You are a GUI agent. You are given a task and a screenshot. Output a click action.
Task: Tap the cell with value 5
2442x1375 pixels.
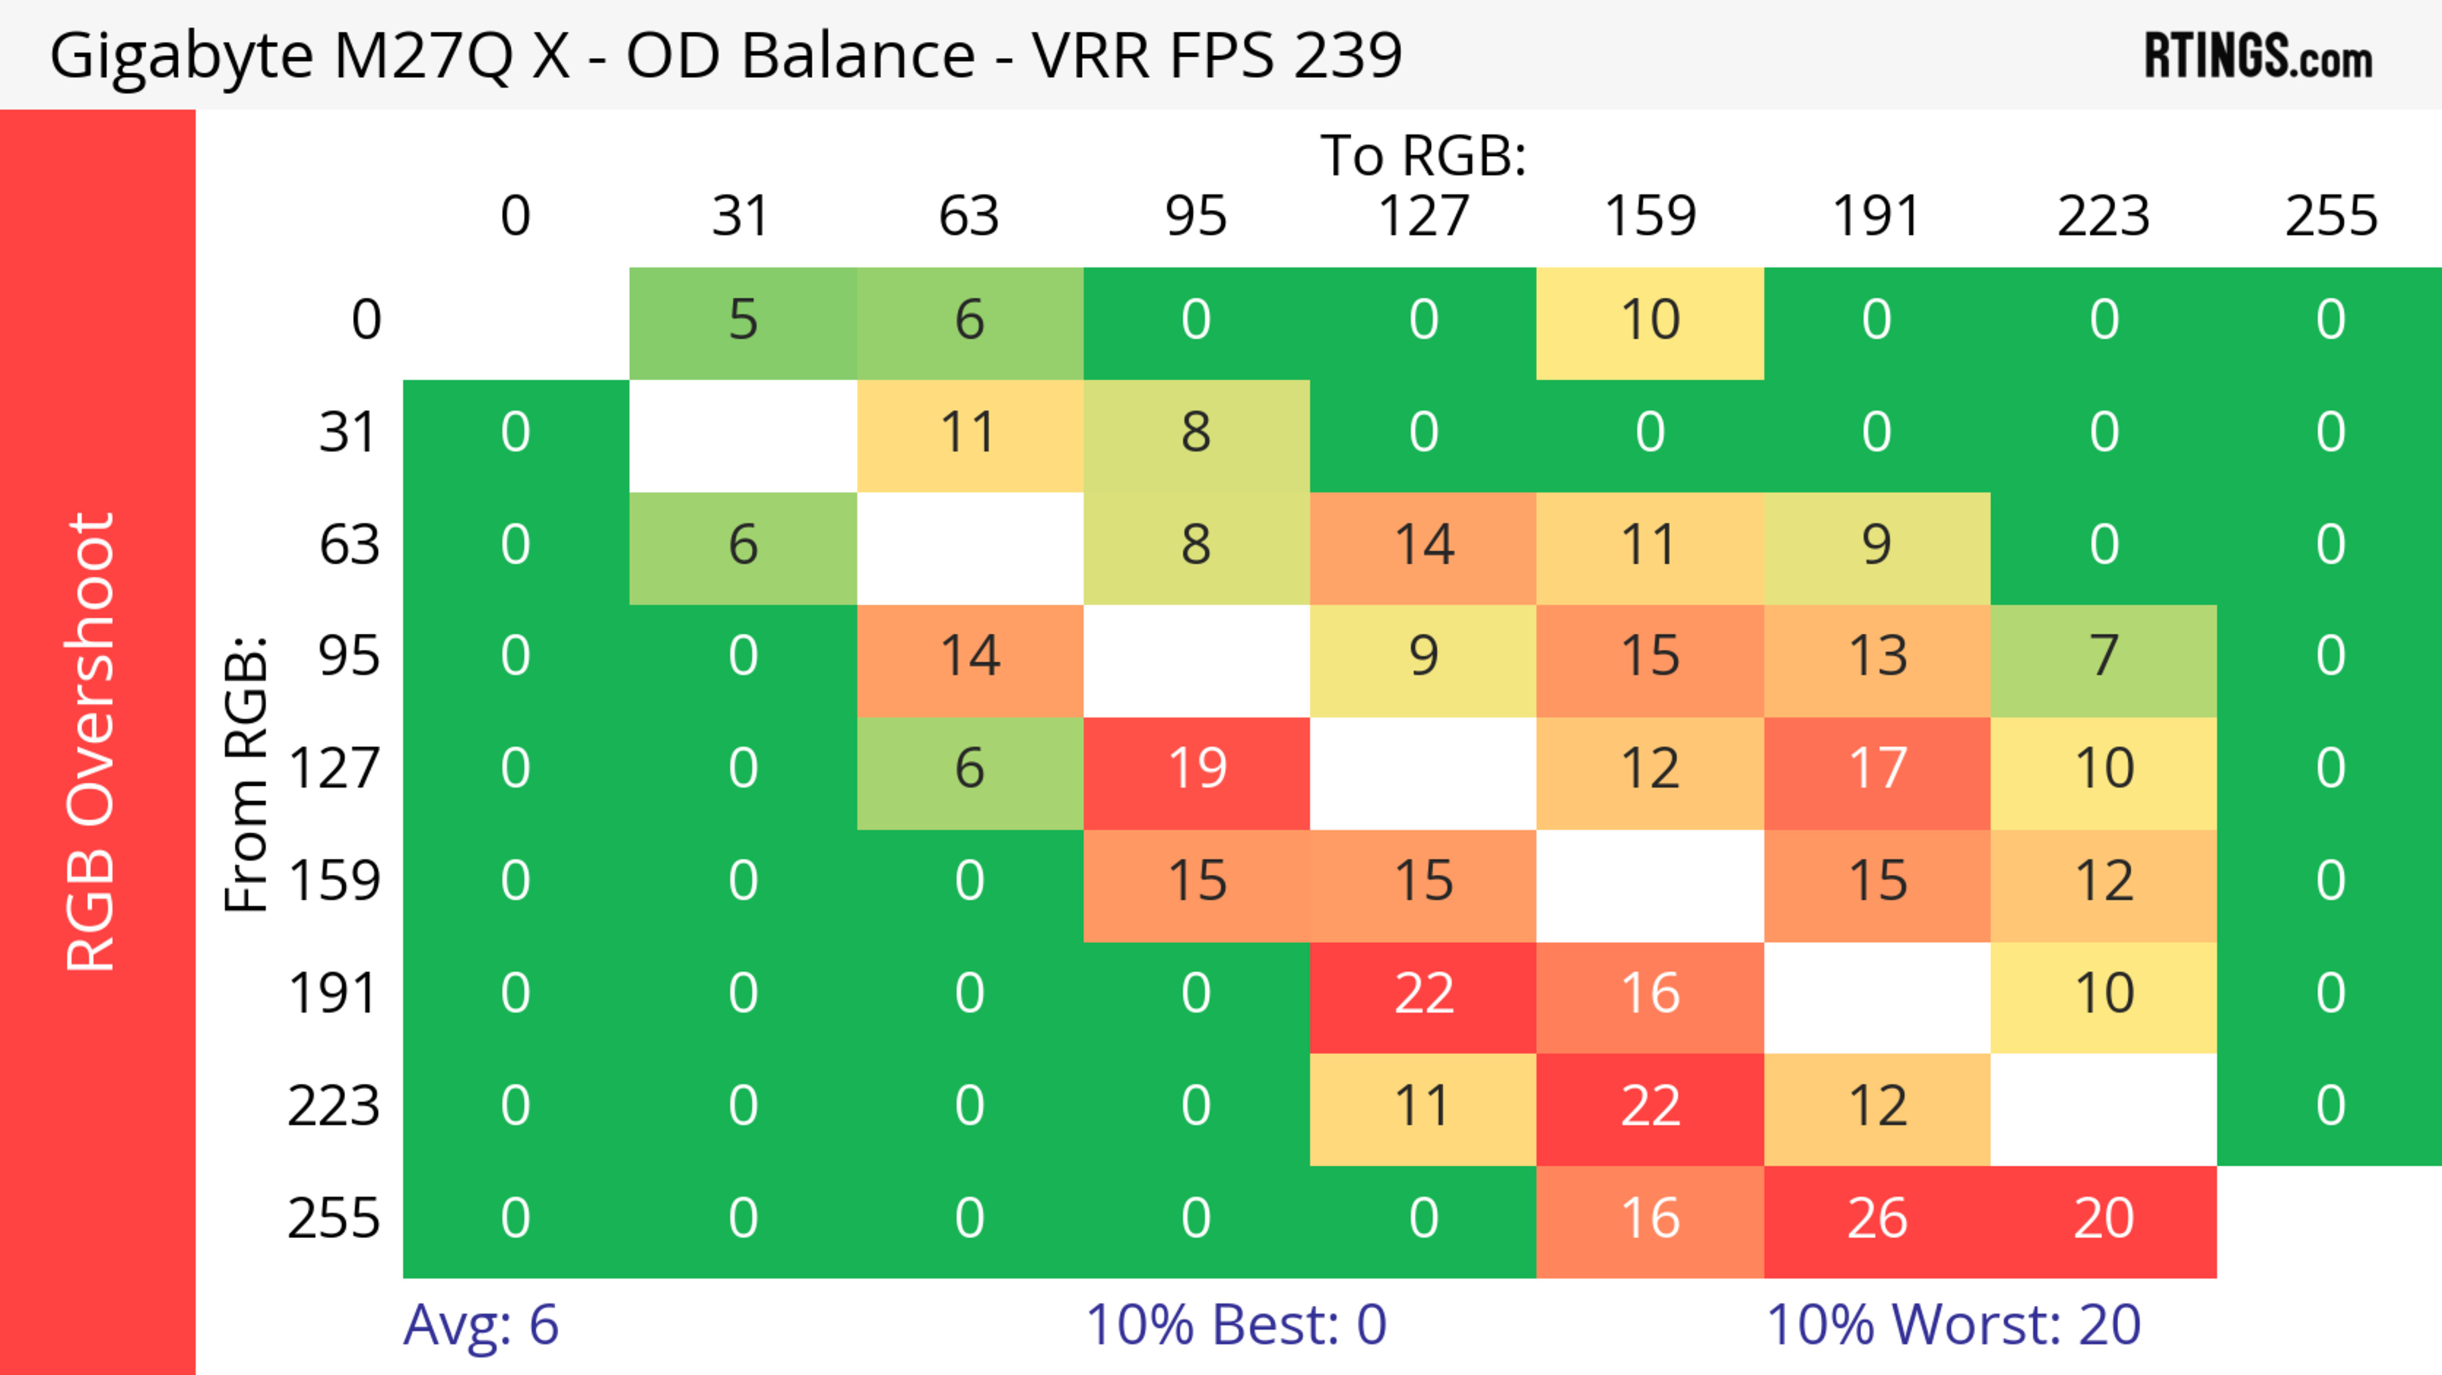click(743, 321)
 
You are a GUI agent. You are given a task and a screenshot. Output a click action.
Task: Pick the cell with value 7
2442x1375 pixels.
click(2104, 656)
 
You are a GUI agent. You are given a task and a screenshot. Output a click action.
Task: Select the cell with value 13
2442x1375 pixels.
click(1877, 656)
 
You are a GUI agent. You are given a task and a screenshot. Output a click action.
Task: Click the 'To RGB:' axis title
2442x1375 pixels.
click(1423, 155)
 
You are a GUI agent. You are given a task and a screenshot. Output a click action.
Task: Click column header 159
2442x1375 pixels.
click(1650, 216)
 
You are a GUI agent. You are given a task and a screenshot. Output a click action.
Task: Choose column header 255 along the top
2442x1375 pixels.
click(2331, 216)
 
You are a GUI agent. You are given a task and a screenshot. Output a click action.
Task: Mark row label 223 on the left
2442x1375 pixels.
click(334, 1106)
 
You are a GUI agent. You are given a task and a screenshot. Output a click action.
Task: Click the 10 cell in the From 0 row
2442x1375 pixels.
click(1650, 321)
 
